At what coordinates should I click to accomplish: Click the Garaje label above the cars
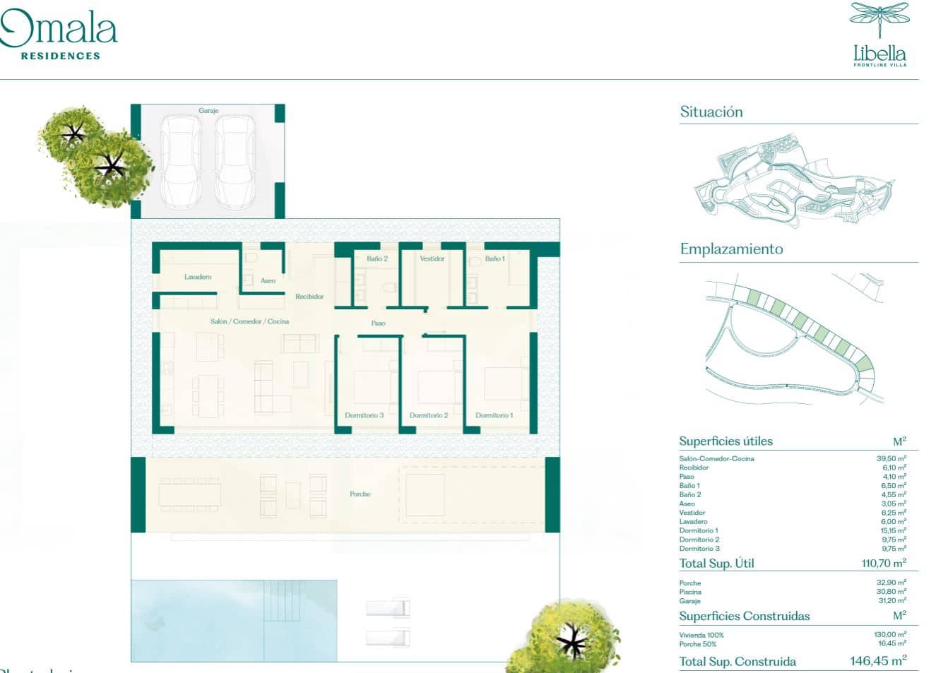(208, 111)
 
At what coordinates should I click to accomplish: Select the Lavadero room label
(198, 277)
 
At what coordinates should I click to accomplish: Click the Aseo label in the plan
(268, 281)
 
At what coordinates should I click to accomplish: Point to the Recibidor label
(309, 297)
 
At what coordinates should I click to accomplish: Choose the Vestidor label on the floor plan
(432, 259)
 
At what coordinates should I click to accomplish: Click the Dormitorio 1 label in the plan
(494, 415)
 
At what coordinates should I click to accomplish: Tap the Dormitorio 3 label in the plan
(365, 415)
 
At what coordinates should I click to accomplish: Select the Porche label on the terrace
(360, 494)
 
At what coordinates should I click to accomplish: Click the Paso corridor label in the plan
(379, 323)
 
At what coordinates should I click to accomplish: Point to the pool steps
(282, 600)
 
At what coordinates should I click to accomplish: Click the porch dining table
(189, 494)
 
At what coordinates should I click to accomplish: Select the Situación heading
(711, 112)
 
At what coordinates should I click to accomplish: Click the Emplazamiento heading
(731, 249)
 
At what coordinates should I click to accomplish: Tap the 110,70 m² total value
(883, 564)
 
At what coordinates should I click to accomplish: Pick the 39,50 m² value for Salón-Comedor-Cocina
(891, 458)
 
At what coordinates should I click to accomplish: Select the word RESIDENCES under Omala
(61, 56)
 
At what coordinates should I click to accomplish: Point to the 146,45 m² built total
(878, 661)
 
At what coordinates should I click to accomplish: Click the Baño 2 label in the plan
(377, 259)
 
